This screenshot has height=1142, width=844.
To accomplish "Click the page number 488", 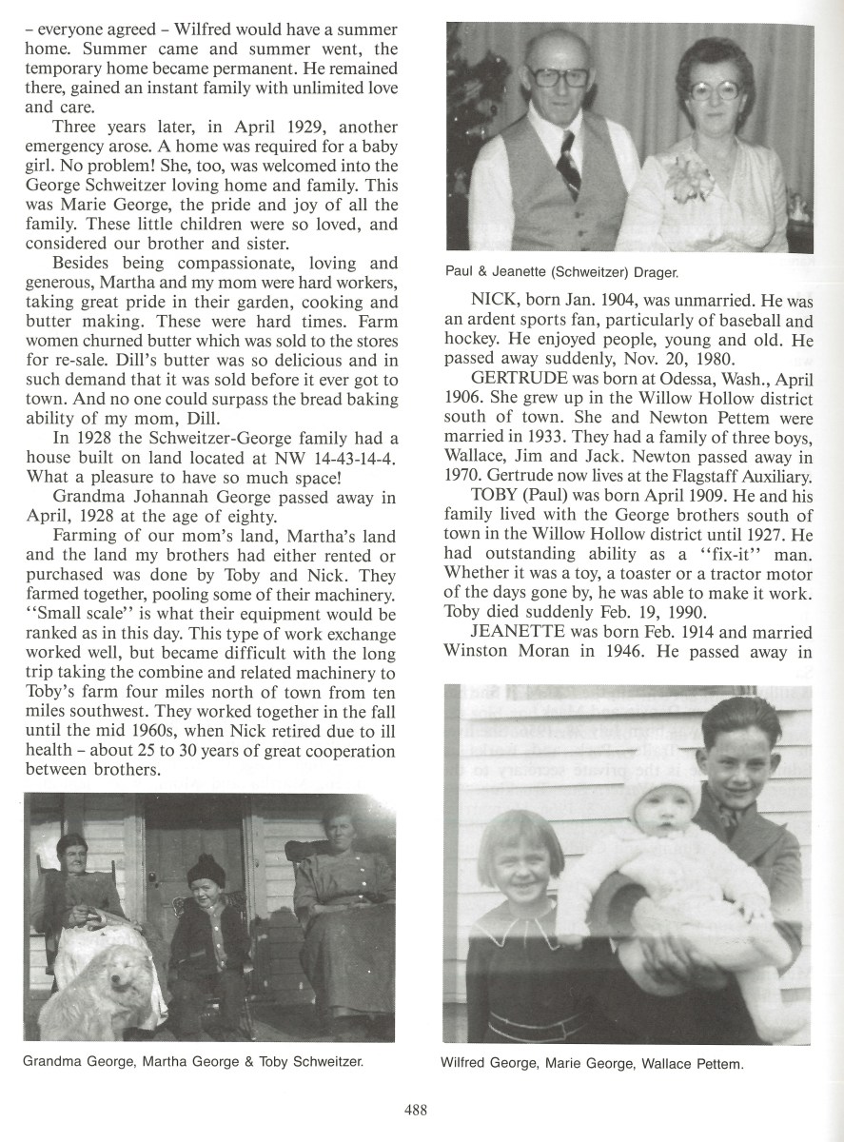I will tap(416, 1109).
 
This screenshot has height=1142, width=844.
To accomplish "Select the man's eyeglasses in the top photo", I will tap(559, 77).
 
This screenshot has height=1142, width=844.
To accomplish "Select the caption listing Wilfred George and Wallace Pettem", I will tap(591, 1063).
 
